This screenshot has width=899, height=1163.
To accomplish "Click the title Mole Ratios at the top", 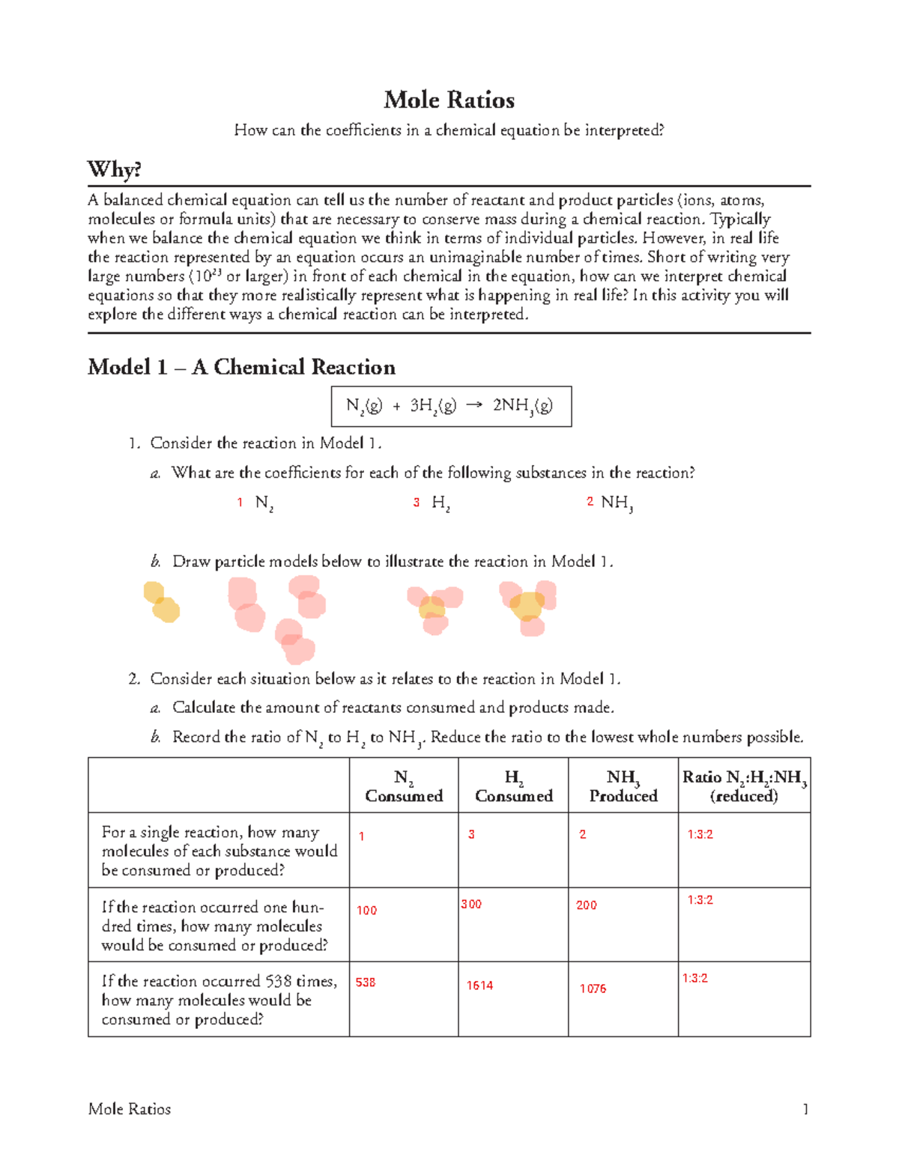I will coord(449,100).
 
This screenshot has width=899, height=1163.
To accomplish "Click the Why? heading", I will coord(114,169).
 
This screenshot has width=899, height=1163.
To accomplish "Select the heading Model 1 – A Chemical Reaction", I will coord(241,367).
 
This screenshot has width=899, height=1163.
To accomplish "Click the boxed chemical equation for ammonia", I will coord(450,406).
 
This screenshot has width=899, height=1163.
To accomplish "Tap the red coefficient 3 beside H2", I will coord(417,502).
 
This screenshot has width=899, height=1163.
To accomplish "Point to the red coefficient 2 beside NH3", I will coord(590,502).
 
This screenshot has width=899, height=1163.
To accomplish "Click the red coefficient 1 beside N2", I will coord(240,502).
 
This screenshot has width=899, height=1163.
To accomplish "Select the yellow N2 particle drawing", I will coord(161,603).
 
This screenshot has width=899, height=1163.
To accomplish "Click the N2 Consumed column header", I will coord(404,786).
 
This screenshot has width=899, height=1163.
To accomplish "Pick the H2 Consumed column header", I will coord(513,786).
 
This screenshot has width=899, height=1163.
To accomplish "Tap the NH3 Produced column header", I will coord(623,786).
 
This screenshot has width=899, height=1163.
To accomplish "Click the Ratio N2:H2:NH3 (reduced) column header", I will coord(744,786).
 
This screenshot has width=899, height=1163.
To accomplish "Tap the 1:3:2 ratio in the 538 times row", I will coord(694,978).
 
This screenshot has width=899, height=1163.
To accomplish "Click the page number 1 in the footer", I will coord(805,1109).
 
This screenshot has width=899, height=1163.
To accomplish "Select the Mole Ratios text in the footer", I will coord(130,1109).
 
